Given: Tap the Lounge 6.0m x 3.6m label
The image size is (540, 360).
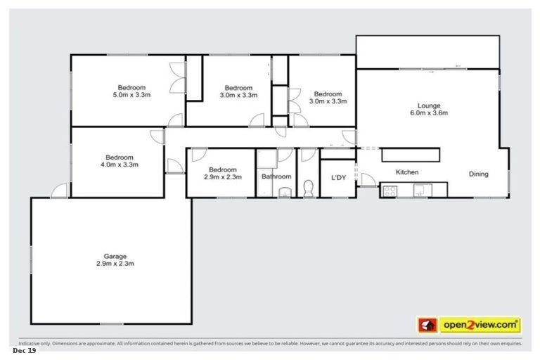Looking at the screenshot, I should (428, 109).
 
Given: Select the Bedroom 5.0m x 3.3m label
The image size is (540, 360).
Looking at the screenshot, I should (131, 91).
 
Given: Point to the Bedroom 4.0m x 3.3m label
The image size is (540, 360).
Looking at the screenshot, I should (120, 161).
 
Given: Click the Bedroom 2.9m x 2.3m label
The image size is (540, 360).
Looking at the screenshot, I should (223, 173).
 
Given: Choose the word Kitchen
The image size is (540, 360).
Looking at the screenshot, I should (407, 172).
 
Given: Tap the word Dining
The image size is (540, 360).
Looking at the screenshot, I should (479, 174).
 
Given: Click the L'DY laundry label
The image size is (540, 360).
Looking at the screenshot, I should (339, 177).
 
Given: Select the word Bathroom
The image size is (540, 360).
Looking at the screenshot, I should (276, 177).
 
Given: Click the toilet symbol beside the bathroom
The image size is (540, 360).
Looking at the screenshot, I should (308, 188).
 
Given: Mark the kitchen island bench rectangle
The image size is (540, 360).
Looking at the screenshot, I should (411, 155).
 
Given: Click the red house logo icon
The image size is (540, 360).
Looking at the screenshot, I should (427, 325).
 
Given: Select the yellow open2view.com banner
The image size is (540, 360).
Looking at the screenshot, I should (480, 325).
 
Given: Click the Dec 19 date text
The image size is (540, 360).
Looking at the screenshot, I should (24, 349).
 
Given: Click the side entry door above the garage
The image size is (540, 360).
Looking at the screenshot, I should (59, 190).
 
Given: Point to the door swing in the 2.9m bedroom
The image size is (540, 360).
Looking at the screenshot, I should (198, 155).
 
